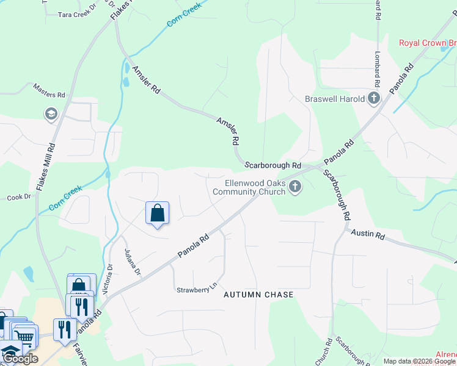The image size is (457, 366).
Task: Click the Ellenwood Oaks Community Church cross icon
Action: coord(295,187)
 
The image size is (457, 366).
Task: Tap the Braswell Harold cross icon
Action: coord(374,98)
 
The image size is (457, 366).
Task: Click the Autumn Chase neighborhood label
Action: coord(258,295)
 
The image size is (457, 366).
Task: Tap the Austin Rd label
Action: coord(368,234)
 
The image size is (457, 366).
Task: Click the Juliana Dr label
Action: coord(133,262)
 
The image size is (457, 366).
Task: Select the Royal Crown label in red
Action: coord(427,43)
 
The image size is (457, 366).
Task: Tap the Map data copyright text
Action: coord(419,361)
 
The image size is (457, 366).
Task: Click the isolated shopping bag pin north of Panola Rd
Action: coord(157,213)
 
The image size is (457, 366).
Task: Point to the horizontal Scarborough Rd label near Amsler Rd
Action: coord(273,165)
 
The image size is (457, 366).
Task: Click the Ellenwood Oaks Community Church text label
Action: coord(249,187)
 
